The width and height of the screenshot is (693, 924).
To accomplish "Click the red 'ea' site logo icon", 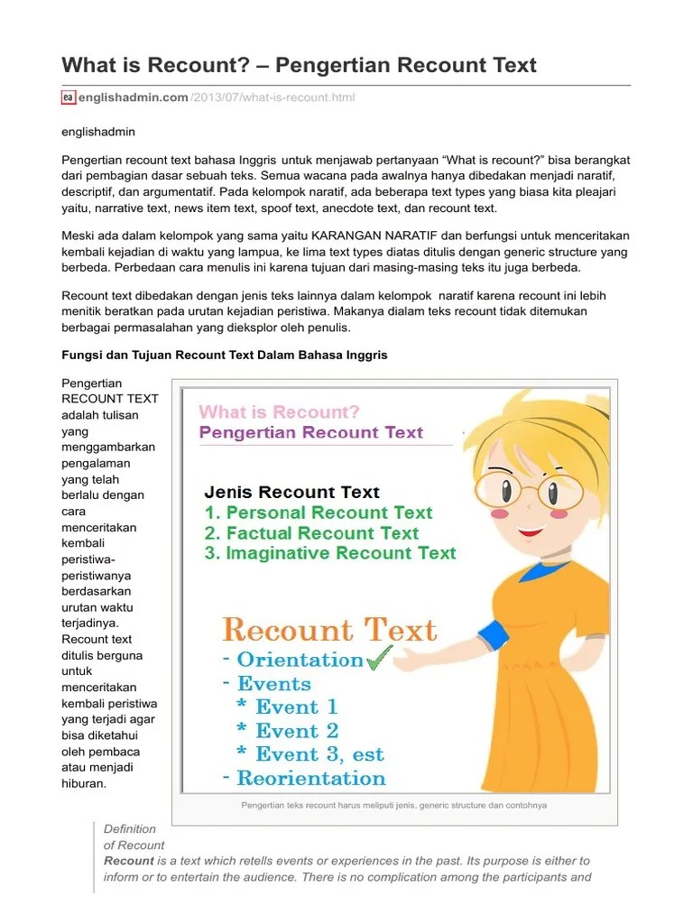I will pyautogui.click(x=68, y=97).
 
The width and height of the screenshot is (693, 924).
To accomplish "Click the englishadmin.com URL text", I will pyautogui.click(x=134, y=97).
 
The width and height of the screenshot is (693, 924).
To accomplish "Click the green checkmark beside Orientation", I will pyautogui.click(x=380, y=658).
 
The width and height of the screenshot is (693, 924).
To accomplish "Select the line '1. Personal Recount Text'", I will pyautogui.click(x=319, y=513).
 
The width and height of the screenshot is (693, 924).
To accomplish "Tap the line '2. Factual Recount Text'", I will pyautogui.click(x=311, y=532).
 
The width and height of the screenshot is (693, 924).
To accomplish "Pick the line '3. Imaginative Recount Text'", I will pyautogui.click(x=330, y=553).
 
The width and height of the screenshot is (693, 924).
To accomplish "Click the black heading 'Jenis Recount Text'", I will pyautogui.click(x=292, y=492).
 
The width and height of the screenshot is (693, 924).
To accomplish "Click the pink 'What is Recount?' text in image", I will pyautogui.click(x=279, y=412).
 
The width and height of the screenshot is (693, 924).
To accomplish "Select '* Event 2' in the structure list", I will pyautogui.click(x=287, y=731).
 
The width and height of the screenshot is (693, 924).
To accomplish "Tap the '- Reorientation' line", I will pyautogui.click(x=302, y=778).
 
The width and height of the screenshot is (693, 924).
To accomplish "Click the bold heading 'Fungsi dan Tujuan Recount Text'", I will pyautogui.click(x=224, y=355).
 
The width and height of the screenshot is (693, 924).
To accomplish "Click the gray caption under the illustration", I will pyautogui.click(x=393, y=806).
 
